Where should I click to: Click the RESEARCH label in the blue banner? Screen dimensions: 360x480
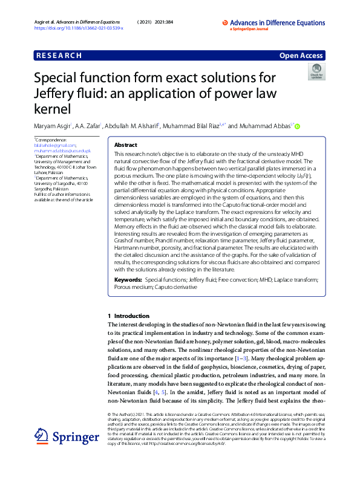pos(59,55)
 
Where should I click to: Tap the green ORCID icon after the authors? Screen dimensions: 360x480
pos(297,126)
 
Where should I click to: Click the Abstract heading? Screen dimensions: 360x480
pos(125,146)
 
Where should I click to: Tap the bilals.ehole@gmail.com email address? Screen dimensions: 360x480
pos(55,145)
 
